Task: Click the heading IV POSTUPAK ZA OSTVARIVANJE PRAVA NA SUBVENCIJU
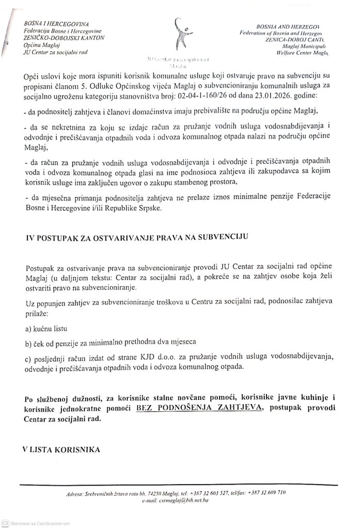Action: point(138,237)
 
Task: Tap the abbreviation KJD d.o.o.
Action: point(151,357)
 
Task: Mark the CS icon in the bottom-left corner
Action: point(5,523)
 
